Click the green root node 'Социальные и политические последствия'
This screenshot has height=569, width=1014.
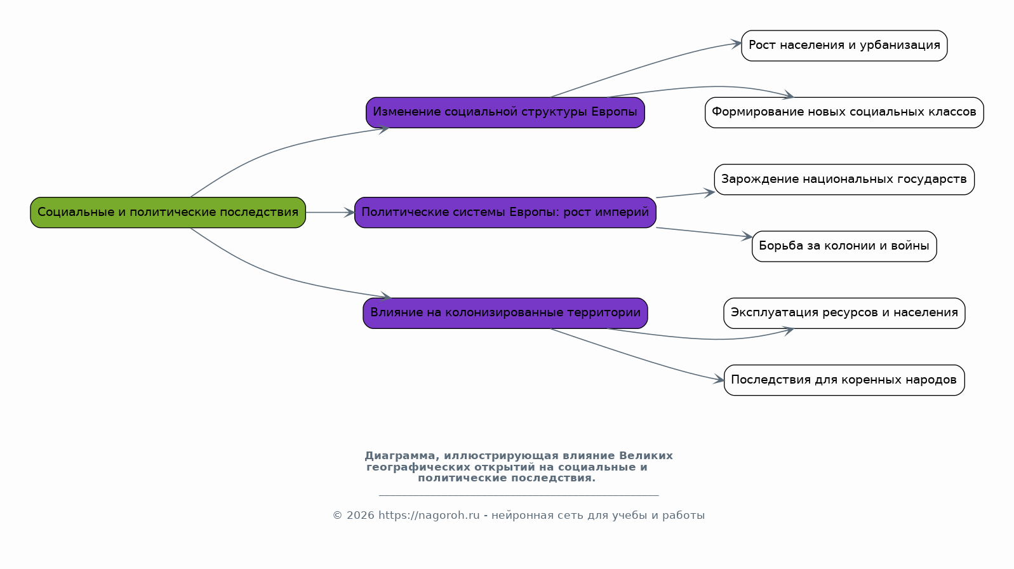tap(168, 212)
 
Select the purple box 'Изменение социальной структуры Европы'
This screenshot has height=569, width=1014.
tap(505, 112)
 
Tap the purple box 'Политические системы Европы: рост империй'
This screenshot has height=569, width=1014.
tap(505, 212)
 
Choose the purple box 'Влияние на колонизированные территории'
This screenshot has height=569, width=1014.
tap(505, 313)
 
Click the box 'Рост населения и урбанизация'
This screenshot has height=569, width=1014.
tap(844, 45)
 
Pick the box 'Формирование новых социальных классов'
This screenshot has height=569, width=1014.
tap(844, 112)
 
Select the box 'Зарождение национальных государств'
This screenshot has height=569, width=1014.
tap(844, 179)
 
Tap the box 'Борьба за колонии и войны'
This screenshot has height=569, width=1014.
tap(844, 246)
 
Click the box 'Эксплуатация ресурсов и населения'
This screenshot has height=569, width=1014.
tap(844, 313)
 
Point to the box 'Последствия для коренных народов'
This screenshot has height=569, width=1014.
tap(844, 380)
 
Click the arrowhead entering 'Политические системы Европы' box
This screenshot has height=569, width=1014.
tap(349, 212)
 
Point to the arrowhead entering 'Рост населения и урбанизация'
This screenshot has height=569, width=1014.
tap(736, 44)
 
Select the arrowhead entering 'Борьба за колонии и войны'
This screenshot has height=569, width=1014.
tap(747, 236)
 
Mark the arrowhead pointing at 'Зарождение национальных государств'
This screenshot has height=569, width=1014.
tap(709, 193)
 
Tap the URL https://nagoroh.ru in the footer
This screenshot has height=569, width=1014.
tap(429, 516)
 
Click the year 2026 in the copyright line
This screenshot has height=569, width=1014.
tap(361, 516)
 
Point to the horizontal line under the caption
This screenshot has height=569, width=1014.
tap(519, 496)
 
